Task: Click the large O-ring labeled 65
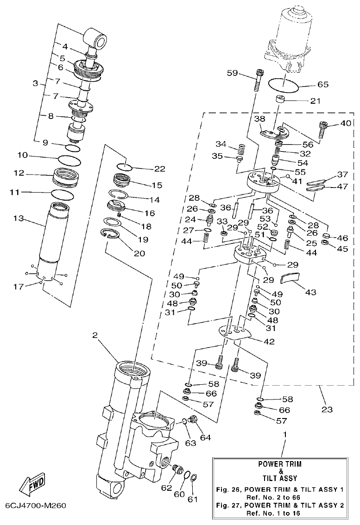(283, 85)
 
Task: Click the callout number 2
(95, 337)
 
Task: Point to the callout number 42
(269, 342)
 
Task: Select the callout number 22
(159, 169)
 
